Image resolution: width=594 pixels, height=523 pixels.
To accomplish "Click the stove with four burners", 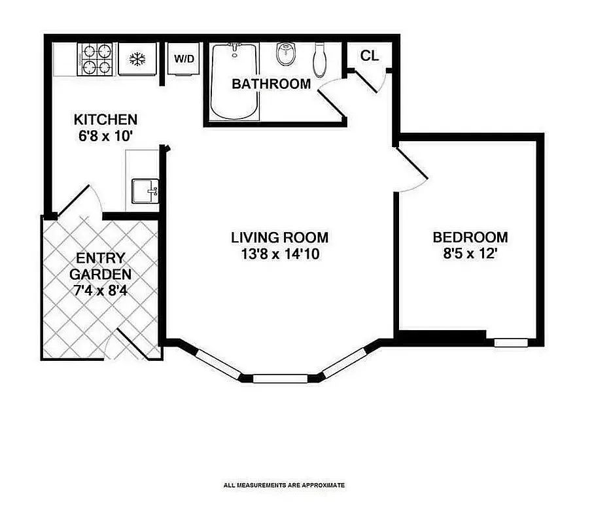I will click(95, 59).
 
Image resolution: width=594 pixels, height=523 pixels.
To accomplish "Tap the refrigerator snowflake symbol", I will click(137, 59).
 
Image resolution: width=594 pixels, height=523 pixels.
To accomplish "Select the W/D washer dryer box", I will click(184, 59).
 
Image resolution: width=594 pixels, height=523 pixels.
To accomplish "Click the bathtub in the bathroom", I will click(235, 81).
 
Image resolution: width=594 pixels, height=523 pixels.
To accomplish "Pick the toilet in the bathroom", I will click(320, 60).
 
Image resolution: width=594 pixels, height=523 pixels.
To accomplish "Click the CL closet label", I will click(370, 56).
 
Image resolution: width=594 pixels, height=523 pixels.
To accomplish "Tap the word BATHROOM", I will click(271, 84).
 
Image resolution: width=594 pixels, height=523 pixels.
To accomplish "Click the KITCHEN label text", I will click(105, 120).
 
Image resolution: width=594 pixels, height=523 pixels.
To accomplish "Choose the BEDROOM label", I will click(470, 237).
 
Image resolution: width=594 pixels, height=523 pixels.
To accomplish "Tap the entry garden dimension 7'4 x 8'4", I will click(100, 289).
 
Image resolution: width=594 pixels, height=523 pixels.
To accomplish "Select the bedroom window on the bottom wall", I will click(510, 342).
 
